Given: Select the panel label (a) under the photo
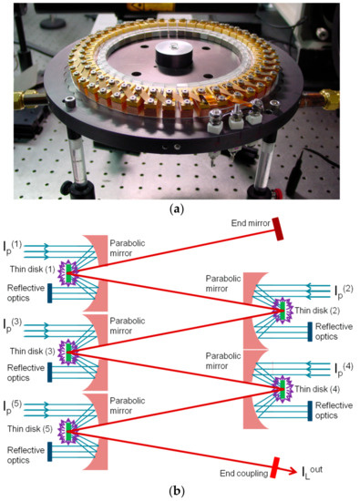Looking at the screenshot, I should [180, 208].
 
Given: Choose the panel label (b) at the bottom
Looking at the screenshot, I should [180, 492].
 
